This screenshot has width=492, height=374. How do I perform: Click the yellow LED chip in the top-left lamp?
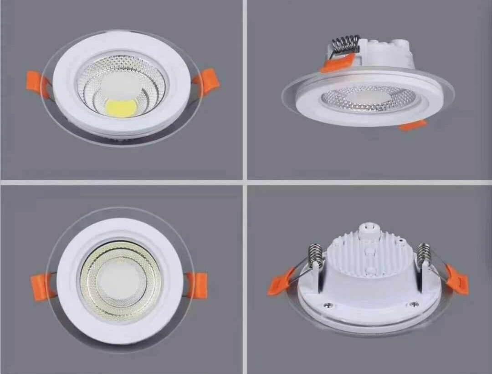(121, 107)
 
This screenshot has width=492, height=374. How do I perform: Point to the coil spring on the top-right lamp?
(345, 45)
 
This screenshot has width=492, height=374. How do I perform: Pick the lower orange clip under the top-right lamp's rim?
(413, 125)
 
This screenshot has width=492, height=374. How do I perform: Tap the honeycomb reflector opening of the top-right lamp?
(369, 98)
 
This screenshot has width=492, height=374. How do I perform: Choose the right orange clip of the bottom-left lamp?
(197, 285)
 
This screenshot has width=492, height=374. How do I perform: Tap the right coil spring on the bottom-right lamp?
(424, 254)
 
